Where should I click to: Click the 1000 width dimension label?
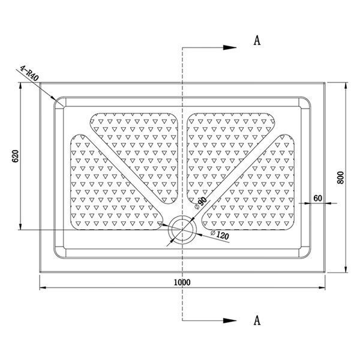click(182, 282)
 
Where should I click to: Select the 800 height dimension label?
click(341, 178)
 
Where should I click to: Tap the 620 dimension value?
click(15, 156)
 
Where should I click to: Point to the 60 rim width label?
click(318, 198)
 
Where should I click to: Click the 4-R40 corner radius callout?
click(29, 73)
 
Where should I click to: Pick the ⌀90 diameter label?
click(200, 203)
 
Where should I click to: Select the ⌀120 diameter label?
click(220, 235)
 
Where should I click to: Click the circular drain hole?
click(182, 229)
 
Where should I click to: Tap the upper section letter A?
click(257, 41)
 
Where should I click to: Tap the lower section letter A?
click(257, 320)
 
